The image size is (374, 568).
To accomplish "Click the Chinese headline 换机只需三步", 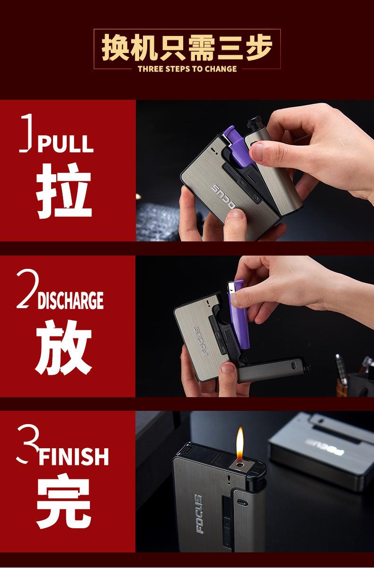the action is (187, 47).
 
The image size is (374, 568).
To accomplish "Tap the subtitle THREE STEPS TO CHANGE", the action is (187, 69).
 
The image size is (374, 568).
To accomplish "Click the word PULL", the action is (66, 144).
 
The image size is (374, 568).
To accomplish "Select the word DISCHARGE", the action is (71, 301).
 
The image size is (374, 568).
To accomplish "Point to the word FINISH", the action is (74, 456).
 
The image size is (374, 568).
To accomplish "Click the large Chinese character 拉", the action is (63, 191).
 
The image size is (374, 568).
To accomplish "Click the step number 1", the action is (26, 133).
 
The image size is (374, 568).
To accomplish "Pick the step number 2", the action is (28, 289).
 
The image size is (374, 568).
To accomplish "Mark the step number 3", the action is (28, 444).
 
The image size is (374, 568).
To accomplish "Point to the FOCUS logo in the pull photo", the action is (223, 196).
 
